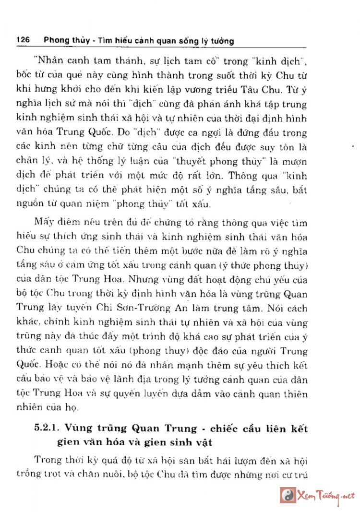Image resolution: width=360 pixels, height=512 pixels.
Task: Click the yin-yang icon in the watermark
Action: click(288, 494)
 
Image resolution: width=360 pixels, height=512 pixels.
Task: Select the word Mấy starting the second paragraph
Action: click(44, 223)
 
